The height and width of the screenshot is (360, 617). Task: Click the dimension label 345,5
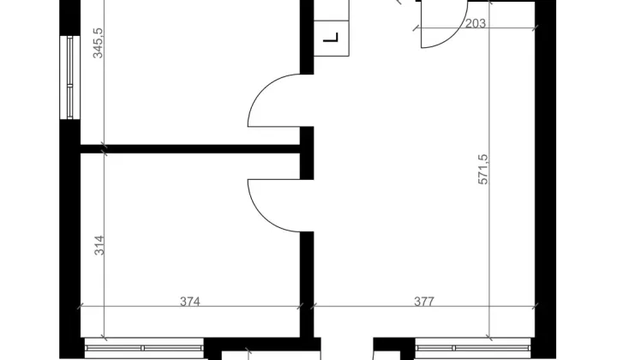pos(98,43)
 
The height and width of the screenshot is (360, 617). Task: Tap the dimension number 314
pos(99,245)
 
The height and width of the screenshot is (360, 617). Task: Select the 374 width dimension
pos(190,302)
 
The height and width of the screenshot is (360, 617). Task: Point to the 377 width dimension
pos(424,302)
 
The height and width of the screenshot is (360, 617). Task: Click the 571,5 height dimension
pos(482,169)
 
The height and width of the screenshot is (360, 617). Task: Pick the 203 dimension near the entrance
pos(476,24)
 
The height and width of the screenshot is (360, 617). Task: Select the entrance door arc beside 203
pos(452,35)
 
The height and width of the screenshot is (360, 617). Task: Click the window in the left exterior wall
pos(70,77)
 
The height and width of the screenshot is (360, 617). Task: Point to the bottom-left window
pos(144,348)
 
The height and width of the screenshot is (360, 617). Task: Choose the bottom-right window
pos(472,348)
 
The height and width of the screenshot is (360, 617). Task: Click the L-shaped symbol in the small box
pos(331,38)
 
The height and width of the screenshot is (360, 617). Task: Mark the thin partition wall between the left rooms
pos(190,149)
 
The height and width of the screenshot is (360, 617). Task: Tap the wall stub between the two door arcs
pos(307,153)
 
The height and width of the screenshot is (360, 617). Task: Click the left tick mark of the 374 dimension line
pos(81,306)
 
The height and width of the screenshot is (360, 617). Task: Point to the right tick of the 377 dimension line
pos(535,306)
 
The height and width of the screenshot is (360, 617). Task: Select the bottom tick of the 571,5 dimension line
pos(488,338)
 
